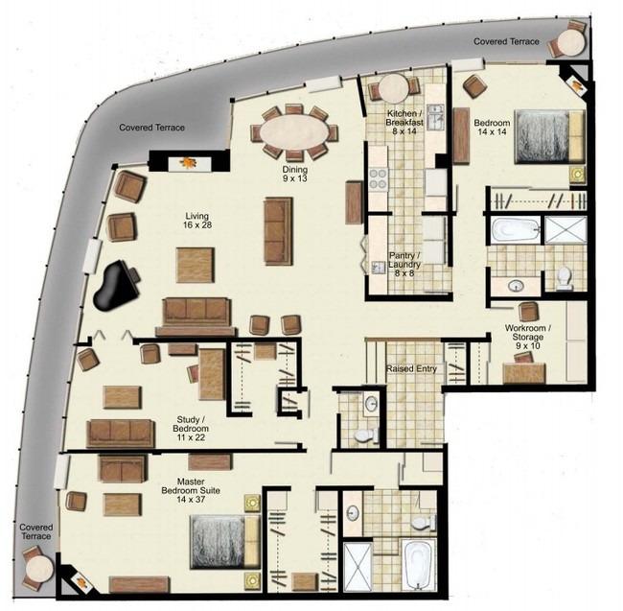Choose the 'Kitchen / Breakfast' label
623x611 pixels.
pos(403,124)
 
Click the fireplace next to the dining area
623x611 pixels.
pos(188,162)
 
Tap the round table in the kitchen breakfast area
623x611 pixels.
pos(394,89)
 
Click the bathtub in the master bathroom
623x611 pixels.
pos(420,566)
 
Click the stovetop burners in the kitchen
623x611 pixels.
pos(378,179)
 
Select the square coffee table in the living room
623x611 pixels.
pos(195,265)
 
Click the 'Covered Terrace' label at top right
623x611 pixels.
pos(506,41)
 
